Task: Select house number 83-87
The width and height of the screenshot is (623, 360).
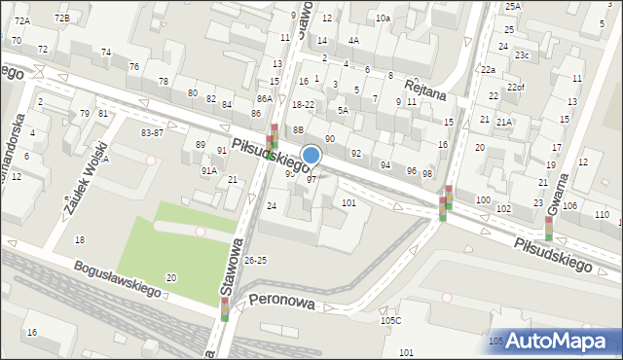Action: [152, 132]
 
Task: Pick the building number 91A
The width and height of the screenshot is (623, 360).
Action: [208, 170]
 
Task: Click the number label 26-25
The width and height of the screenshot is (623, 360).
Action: [255, 261]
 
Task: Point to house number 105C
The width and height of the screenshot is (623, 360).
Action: [390, 320]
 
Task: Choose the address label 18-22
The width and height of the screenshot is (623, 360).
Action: [303, 104]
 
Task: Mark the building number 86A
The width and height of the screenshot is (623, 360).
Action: [264, 99]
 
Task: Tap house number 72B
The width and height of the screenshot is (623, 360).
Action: [61, 18]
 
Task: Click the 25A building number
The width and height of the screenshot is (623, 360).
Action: [513, 7]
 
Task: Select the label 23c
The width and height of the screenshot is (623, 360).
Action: [522, 55]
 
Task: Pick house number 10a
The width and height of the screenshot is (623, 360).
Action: [383, 18]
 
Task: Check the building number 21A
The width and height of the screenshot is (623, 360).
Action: [503, 123]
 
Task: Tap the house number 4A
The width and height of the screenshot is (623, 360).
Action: [353, 40]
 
